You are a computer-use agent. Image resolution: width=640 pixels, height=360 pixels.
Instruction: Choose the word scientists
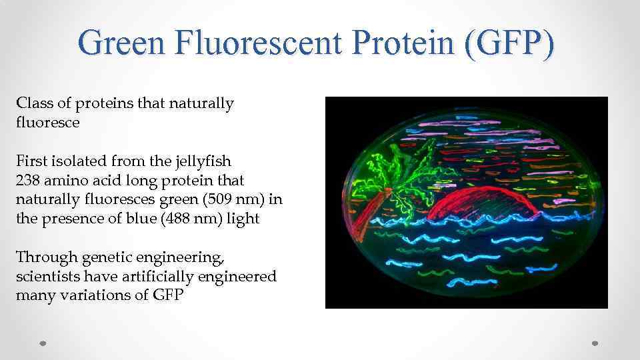click(x=46, y=277)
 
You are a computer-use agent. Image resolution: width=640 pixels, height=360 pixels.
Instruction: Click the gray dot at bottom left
click(x=43, y=343)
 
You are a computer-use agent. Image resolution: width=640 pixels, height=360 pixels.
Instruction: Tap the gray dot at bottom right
click(x=595, y=343)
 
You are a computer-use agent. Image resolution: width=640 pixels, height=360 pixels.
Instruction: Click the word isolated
click(x=73, y=161)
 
